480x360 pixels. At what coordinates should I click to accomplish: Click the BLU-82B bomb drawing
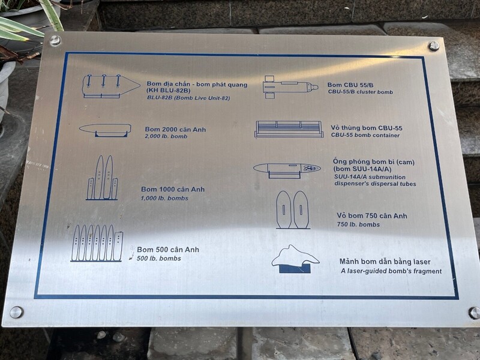[x=111, y=86]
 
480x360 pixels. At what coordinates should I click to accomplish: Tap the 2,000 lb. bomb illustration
[x=105, y=130]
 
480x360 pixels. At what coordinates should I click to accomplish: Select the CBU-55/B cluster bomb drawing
[x=290, y=87]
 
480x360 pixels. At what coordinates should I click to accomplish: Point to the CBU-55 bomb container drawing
[x=289, y=129]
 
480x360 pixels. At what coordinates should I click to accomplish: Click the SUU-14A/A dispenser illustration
[x=287, y=170]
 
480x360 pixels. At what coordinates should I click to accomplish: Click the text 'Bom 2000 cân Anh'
[x=175, y=130]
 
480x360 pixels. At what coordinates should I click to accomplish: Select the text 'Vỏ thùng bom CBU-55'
[x=367, y=128]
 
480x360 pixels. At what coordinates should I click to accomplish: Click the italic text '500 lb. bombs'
[x=158, y=259]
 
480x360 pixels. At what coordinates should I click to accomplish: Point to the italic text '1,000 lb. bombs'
[x=164, y=198]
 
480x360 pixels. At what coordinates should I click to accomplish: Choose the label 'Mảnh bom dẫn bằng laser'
[x=385, y=262]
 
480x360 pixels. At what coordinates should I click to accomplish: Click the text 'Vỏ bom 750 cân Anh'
[x=372, y=216]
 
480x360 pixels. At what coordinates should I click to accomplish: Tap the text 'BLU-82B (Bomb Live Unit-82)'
[x=188, y=98]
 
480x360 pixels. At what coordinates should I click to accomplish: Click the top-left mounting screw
[x=55, y=40]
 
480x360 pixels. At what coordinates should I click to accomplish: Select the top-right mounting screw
[x=434, y=46]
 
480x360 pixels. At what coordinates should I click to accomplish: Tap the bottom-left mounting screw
[x=16, y=312]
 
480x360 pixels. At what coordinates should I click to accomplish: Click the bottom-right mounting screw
[x=474, y=313]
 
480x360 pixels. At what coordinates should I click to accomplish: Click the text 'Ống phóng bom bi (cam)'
[x=374, y=161]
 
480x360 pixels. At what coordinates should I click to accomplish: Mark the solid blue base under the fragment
[x=295, y=269]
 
